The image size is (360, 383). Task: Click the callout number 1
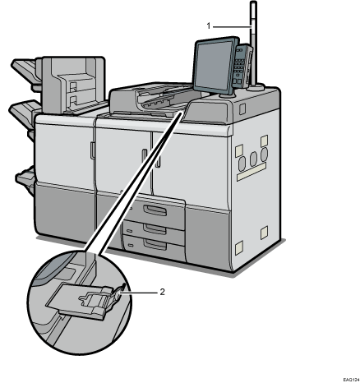pyautogui.click(x=209, y=25)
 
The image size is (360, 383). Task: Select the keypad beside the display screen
pyautogui.click(x=240, y=66)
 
